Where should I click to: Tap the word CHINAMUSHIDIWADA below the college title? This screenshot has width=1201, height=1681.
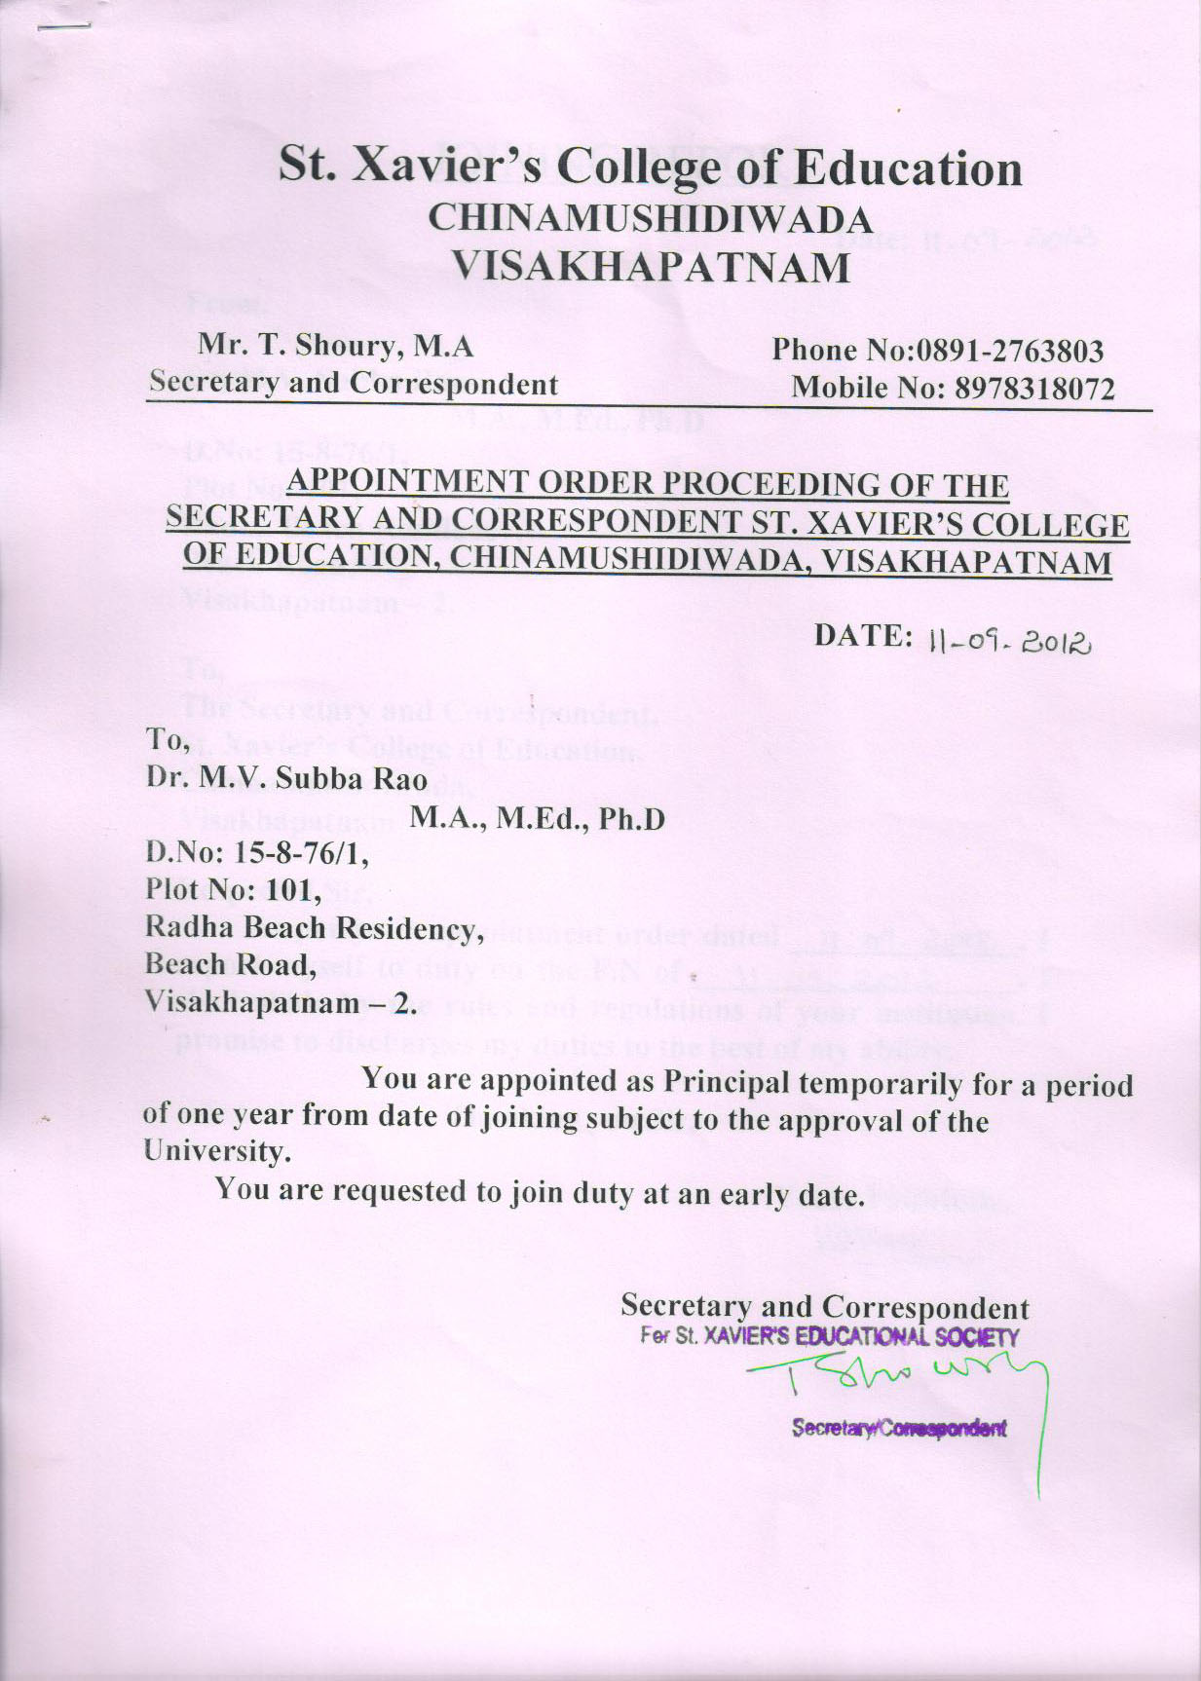pos(650,218)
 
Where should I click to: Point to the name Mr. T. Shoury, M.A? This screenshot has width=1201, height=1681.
pos(335,345)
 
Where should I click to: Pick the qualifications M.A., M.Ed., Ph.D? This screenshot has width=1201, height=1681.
pos(537,818)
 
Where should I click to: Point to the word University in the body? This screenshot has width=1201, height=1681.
pos(216,1151)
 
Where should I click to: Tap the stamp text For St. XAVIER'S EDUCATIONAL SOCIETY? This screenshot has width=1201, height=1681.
pos(829,1337)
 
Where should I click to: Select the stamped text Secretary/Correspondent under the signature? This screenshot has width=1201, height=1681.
pos(898,1429)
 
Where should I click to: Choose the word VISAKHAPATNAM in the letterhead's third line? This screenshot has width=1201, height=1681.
pos(652,265)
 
